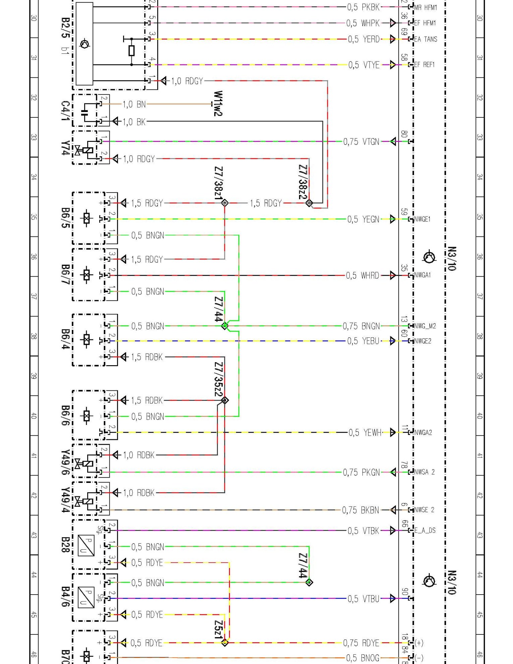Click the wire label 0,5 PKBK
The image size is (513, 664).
(x=363, y=7)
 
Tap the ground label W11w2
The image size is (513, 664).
(x=218, y=104)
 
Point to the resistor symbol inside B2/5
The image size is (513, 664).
(x=131, y=51)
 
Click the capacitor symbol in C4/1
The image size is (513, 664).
(x=84, y=112)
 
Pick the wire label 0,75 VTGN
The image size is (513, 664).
(x=361, y=142)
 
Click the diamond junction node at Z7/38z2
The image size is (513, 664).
(x=309, y=203)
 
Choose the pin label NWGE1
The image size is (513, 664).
(x=422, y=219)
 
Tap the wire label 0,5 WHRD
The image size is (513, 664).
(x=362, y=276)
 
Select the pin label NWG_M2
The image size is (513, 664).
(x=425, y=326)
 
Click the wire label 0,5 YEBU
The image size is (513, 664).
(x=363, y=341)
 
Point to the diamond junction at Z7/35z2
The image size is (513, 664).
(x=225, y=400)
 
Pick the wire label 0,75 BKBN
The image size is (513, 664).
(x=360, y=510)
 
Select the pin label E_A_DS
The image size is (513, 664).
(x=425, y=531)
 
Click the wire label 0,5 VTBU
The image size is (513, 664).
(x=363, y=599)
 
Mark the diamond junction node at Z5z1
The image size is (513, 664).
(x=225, y=643)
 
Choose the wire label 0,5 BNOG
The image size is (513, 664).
(x=363, y=658)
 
